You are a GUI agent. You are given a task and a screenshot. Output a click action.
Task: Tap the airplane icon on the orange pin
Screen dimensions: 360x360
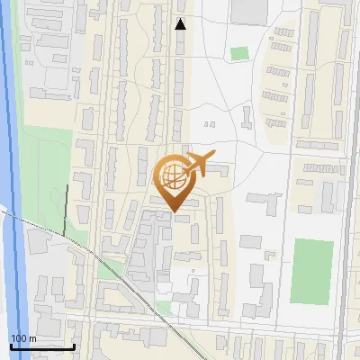(x=199, y=165)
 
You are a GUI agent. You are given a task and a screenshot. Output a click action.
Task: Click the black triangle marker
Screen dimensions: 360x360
(x=181, y=24)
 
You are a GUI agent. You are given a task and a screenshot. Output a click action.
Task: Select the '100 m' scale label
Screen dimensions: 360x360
(x=23, y=337)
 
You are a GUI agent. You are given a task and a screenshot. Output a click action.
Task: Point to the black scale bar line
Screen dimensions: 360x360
(x=42, y=346)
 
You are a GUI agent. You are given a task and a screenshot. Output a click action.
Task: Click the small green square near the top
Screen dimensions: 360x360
(x=238, y=53)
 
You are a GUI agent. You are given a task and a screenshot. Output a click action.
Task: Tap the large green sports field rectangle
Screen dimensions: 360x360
(x=311, y=271)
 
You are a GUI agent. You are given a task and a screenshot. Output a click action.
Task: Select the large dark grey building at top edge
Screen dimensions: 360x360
(x=249, y=11)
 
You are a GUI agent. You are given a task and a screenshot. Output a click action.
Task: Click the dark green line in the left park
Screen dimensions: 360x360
(x=66, y=211)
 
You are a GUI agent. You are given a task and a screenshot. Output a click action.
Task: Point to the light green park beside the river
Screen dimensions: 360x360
(x=45, y=180)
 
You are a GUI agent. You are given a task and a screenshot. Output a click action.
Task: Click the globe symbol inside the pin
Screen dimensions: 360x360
(x=172, y=175)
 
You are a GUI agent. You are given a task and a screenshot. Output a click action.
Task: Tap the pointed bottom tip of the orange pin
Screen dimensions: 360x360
(x=172, y=211)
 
